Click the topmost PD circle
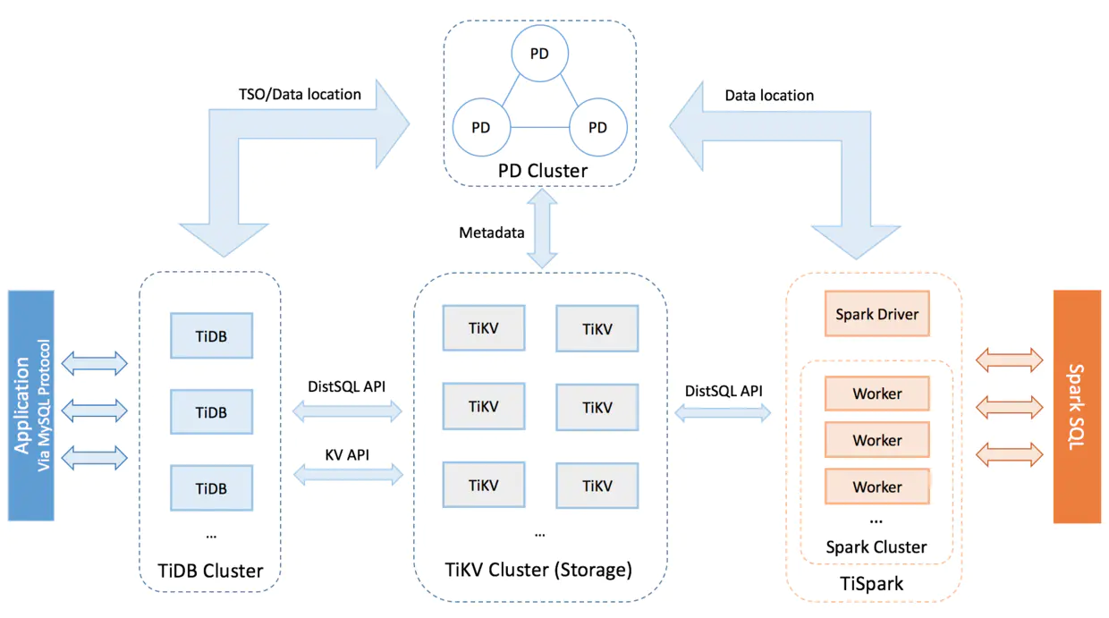pos(539,54)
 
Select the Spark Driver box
pos(877,314)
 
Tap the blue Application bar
pos(31,405)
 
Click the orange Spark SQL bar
pos(1077,406)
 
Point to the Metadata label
pos(492,233)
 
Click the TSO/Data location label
pos(300,94)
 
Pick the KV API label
pos(347,454)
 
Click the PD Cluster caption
pos(542,170)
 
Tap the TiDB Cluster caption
pos(210,571)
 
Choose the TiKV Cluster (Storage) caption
pos(538,569)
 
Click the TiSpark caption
pos(874,584)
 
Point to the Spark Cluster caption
pos(876,547)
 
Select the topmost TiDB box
pos(211,337)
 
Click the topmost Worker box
pos(877,394)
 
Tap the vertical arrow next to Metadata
pos(542,229)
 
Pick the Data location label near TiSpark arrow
pos(769,95)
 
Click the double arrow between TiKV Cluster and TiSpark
pos(723,412)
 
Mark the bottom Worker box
pos(877,487)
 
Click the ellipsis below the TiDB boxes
pos(211,535)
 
